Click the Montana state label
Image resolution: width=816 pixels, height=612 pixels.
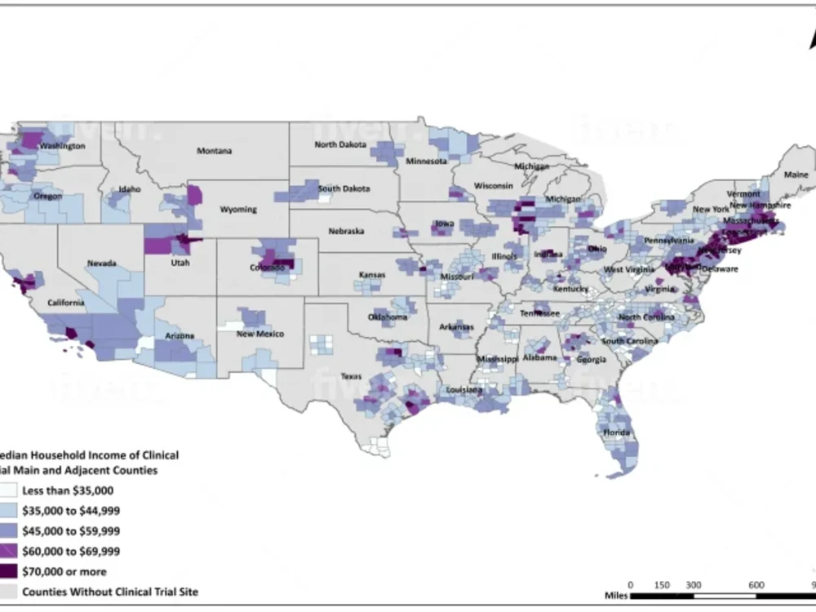214,151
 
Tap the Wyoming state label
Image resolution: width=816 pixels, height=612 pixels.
239,209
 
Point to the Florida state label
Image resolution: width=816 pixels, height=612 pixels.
615,432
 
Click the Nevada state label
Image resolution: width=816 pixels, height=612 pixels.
103,264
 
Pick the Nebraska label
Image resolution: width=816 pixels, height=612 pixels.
346,231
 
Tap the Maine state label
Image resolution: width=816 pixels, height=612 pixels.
796,175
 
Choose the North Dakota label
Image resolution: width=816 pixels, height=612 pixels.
339,145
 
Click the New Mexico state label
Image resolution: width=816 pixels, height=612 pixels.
260,335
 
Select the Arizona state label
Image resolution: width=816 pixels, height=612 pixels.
180,335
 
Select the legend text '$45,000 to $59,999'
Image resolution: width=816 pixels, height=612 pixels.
72,531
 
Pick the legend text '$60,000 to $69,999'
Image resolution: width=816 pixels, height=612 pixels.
72,552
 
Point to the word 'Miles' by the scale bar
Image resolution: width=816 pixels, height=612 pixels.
617,597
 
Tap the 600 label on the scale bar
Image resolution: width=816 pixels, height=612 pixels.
756,585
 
